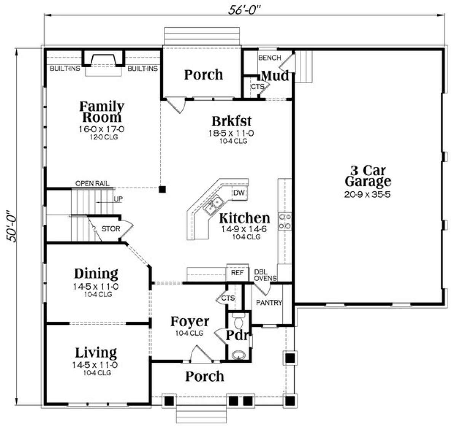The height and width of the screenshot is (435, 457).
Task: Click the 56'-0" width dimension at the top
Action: pyautogui.click(x=244, y=10)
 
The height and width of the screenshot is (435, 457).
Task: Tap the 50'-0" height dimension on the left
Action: pyautogui.click(x=11, y=226)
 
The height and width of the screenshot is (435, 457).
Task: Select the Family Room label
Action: pyautogui.click(x=102, y=112)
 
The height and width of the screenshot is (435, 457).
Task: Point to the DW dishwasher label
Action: pyautogui.click(x=239, y=193)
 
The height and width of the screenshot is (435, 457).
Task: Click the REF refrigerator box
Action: pyautogui.click(x=237, y=273)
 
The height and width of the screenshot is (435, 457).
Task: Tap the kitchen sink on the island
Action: pyautogui.click(x=213, y=205)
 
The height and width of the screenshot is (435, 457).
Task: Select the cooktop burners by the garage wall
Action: pyautogui.click(x=285, y=221)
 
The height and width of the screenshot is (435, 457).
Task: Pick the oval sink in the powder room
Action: pyautogui.click(x=238, y=355)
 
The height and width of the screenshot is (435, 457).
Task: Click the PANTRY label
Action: pyautogui.click(x=269, y=303)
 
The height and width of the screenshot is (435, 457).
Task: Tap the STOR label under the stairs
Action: pyautogui.click(x=111, y=229)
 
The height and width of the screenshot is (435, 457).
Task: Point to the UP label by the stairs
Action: pyautogui.click(x=118, y=199)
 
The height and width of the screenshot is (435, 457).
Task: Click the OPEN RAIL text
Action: pyautogui.click(x=92, y=184)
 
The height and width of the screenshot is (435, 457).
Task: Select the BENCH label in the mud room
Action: pyautogui.click(x=270, y=57)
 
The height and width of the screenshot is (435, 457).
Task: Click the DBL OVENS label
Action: pyautogui.click(x=265, y=275)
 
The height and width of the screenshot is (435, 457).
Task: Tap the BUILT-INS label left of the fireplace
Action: pyautogui.click(x=65, y=68)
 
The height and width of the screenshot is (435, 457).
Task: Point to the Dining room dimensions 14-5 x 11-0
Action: pyautogui.click(x=96, y=287)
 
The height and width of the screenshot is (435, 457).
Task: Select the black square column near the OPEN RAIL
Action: pyautogui.click(x=162, y=189)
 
